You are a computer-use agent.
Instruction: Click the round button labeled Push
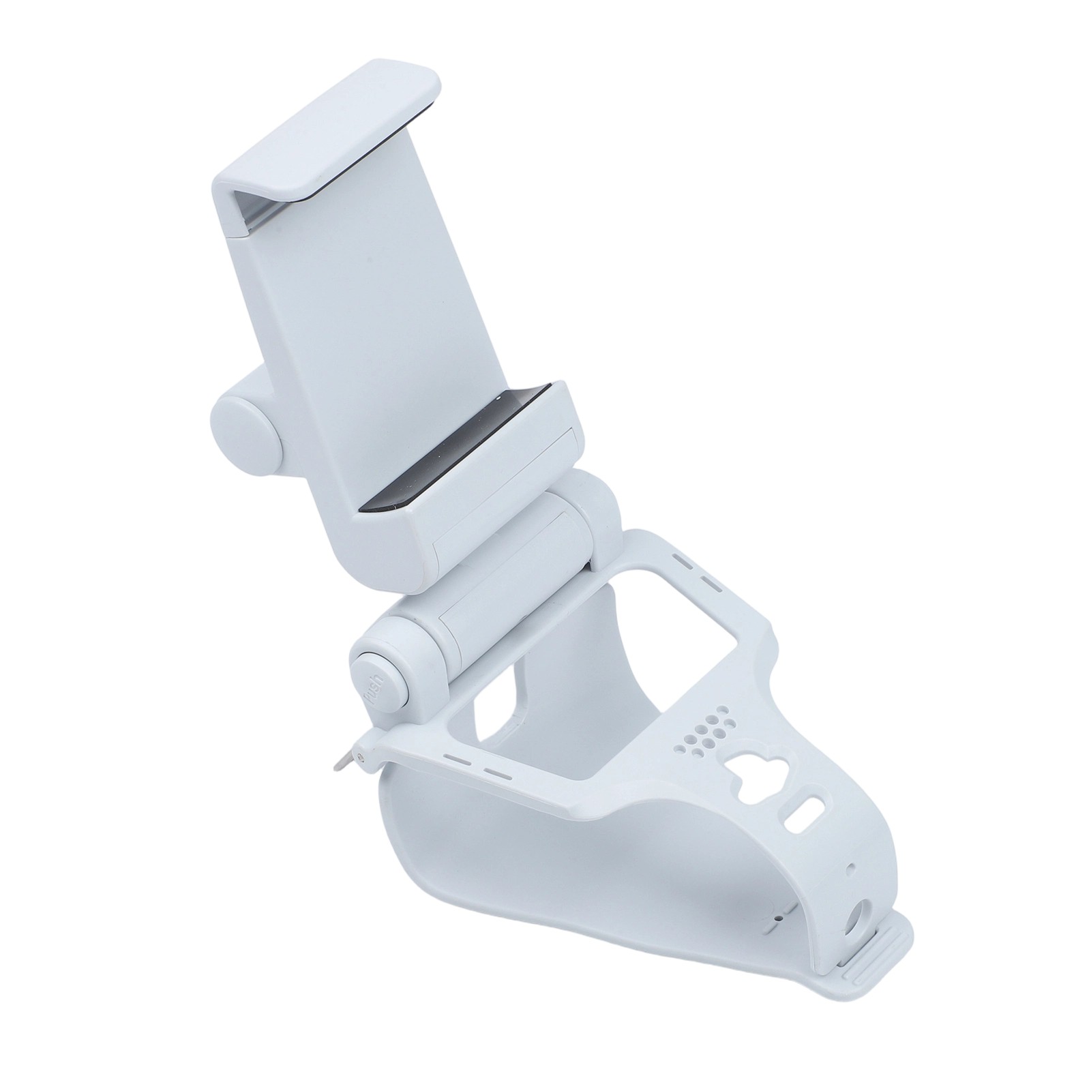coord(376,683)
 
